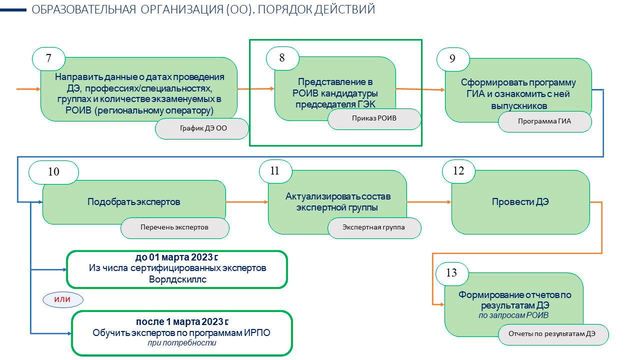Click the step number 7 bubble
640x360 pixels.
pyautogui.click(x=48, y=59)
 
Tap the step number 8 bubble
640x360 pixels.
pyautogui.click(x=282, y=58)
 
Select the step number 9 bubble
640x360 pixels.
pyautogui.click(x=453, y=59)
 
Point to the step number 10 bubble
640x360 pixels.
pyautogui.click(x=53, y=172)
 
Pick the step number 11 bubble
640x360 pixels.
pyautogui.click(x=275, y=171)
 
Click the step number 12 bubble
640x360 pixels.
pyautogui.click(x=458, y=171)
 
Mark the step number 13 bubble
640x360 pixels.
pyautogui.click(x=452, y=273)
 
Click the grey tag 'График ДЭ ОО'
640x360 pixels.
pyautogui.click(x=202, y=128)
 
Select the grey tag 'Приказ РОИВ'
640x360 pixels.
pyautogui.click(x=374, y=119)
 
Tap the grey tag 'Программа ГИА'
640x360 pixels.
pyautogui.click(x=545, y=121)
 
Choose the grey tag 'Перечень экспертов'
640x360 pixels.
pyautogui.click(x=175, y=228)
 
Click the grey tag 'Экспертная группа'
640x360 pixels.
pyautogui.click(x=374, y=228)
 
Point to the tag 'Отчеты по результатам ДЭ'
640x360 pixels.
pyautogui.click(x=553, y=334)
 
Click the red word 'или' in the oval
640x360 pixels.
pyautogui.click(x=62, y=299)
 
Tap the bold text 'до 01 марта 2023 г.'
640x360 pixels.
pyautogui.click(x=176, y=257)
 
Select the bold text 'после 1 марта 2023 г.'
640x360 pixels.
pyautogui.click(x=182, y=321)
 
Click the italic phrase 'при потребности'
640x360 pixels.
pyautogui.click(x=182, y=343)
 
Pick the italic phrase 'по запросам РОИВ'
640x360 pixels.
pyautogui.click(x=513, y=315)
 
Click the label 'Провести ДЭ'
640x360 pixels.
pyautogui.click(x=520, y=202)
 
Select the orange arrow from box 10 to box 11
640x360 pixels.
pyautogui.click(x=247, y=202)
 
